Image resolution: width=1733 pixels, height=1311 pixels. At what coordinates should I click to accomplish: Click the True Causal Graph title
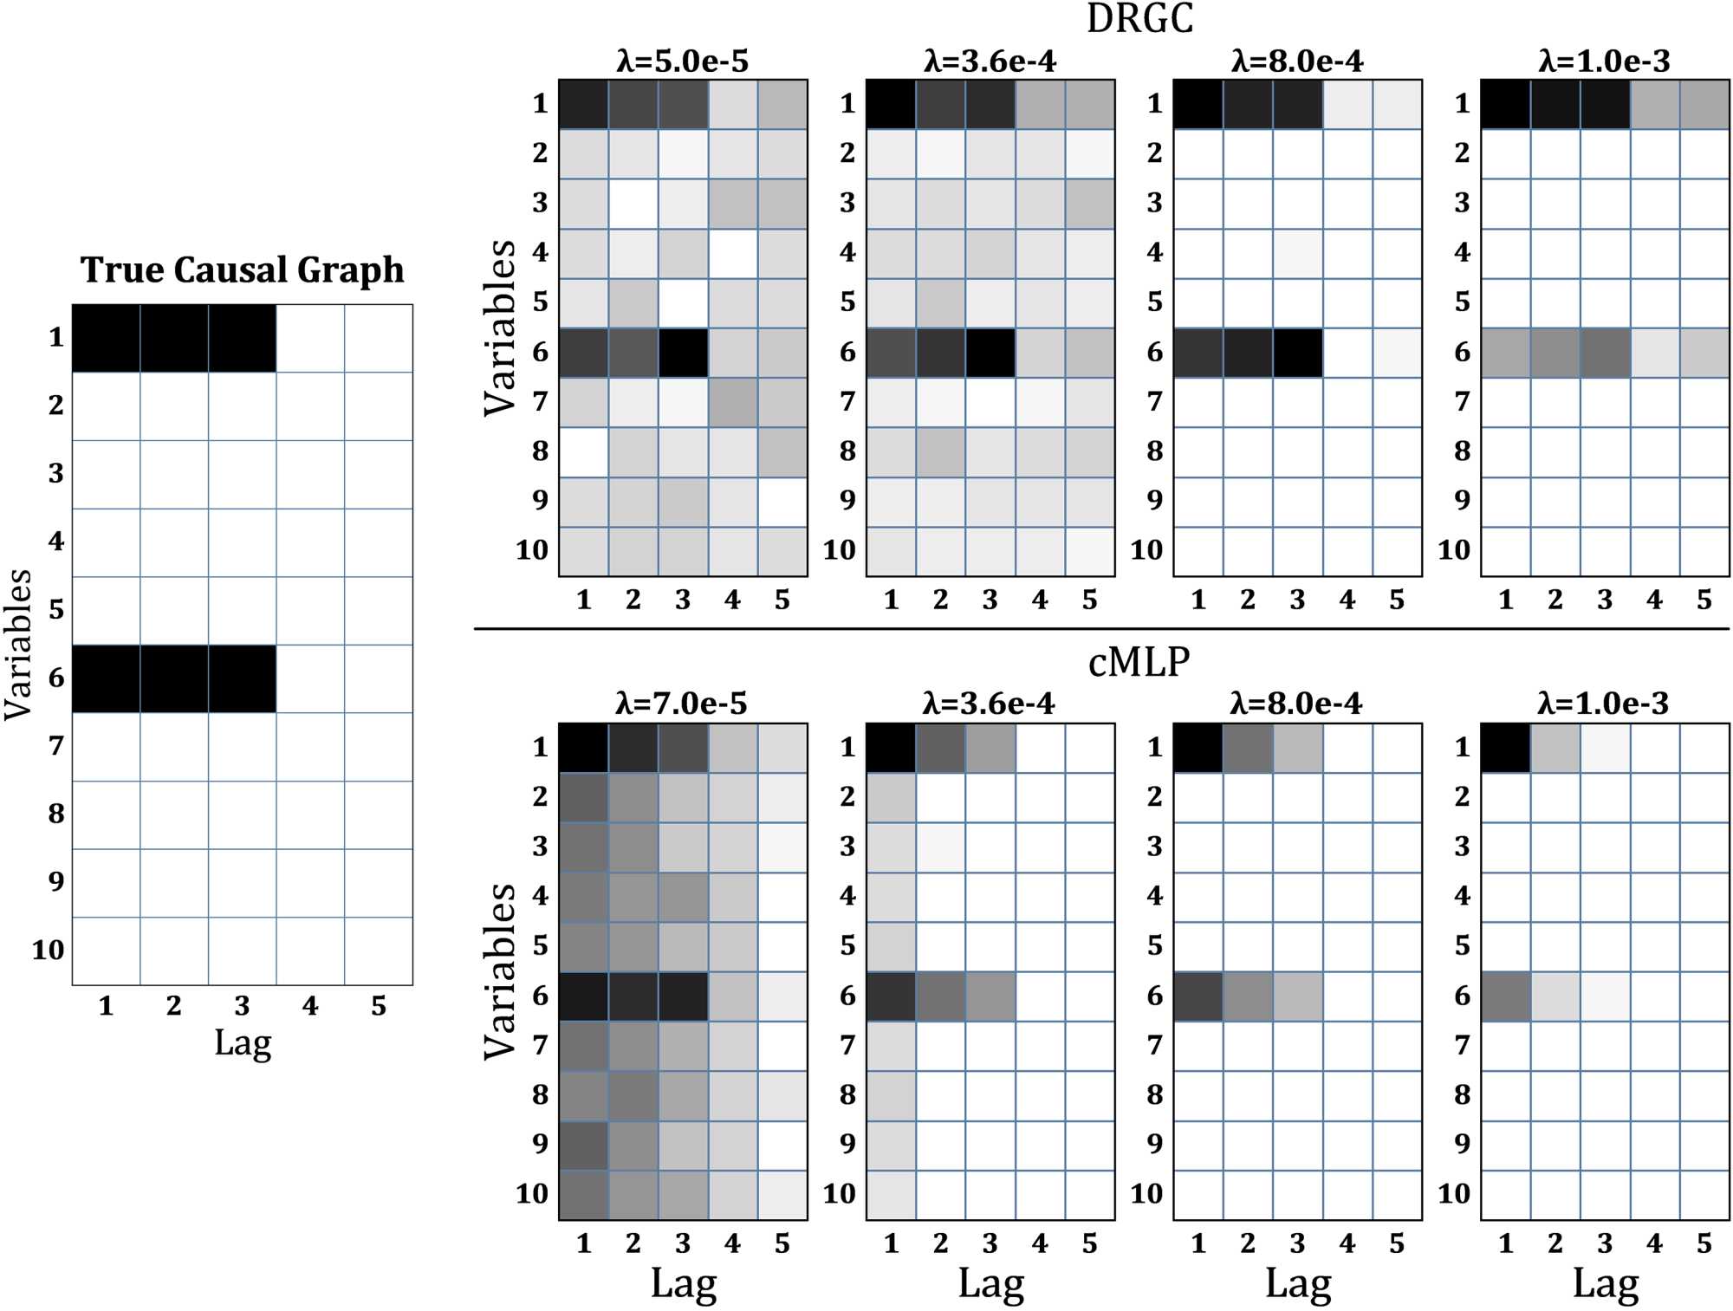(x=242, y=269)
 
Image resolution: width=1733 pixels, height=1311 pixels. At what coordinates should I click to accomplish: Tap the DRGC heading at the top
(x=1139, y=19)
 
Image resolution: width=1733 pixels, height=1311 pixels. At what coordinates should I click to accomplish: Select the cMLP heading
(x=1139, y=662)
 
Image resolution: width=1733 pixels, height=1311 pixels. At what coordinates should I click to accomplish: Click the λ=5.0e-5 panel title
(x=683, y=61)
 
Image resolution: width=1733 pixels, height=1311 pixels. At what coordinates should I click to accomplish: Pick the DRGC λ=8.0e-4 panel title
(x=1297, y=61)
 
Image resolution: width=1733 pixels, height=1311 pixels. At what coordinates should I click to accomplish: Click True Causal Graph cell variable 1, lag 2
(x=174, y=338)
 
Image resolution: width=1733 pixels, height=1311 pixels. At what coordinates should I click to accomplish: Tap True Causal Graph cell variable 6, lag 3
(x=242, y=678)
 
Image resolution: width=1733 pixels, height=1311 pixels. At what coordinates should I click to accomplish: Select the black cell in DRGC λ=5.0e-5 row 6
(x=683, y=352)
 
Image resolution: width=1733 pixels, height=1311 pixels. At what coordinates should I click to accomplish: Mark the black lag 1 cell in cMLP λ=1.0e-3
(x=1505, y=747)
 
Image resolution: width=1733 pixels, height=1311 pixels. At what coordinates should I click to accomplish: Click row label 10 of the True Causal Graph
(x=49, y=950)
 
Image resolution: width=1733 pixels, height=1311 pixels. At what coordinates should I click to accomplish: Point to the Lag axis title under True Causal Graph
(x=243, y=1042)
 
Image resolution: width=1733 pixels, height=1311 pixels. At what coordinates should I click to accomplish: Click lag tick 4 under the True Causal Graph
(x=310, y=1006)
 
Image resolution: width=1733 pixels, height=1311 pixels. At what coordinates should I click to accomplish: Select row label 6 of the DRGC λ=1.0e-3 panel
(x=1463, y=352)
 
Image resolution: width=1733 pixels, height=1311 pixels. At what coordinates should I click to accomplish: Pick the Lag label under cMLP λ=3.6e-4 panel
(x=990, y=1283)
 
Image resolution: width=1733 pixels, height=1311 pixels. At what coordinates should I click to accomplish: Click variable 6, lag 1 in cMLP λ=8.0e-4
(x=1198, y=996)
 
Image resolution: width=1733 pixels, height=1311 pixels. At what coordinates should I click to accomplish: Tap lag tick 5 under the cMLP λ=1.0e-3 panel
(x=1704, y=1243)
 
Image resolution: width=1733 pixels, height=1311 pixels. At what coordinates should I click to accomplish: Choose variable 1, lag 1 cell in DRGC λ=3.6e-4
(x=891, y=104)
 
